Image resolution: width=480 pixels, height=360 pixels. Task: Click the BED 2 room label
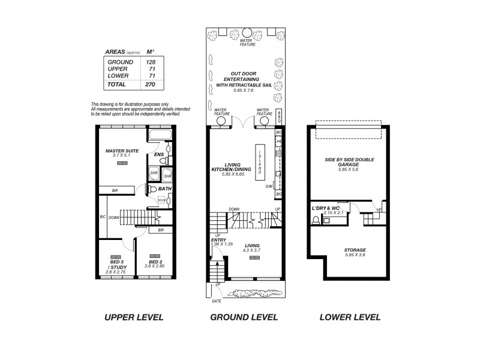point(155,262)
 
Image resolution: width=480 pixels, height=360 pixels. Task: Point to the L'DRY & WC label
point(326,208)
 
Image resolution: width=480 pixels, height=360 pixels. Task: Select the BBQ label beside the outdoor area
point(280,118)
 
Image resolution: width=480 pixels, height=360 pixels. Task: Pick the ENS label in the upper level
point(159,154)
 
